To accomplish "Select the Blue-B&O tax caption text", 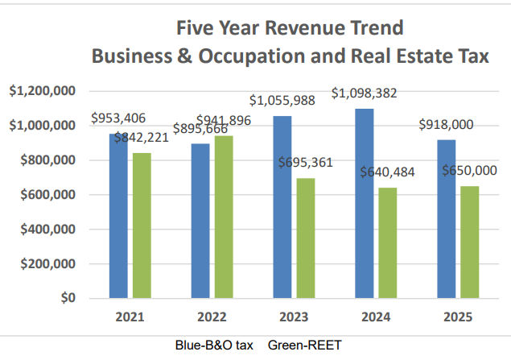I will (214, 346).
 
